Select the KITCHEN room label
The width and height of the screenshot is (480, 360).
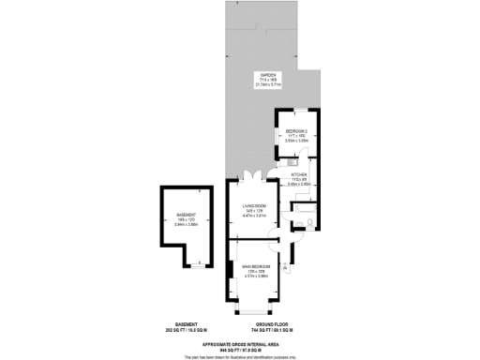(299, 175)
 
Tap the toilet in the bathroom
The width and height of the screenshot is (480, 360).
(310, 224)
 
